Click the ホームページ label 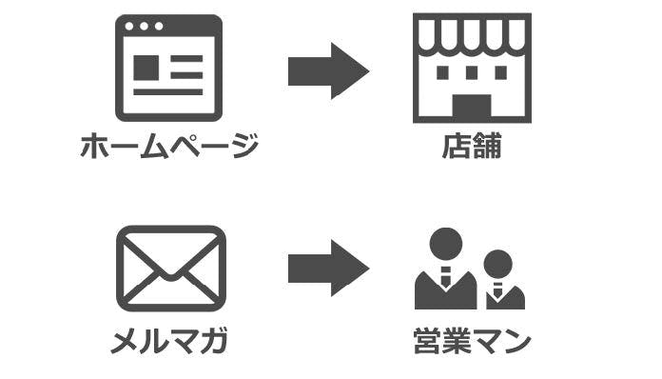(168, 147)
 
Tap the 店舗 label (471, 147)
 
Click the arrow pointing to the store (327, 70)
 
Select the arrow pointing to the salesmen (327, 268)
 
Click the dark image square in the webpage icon (146, 68)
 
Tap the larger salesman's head (443, 244)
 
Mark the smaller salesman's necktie (497, 290)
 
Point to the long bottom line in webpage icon (168, 92)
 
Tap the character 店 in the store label (456, 147)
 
